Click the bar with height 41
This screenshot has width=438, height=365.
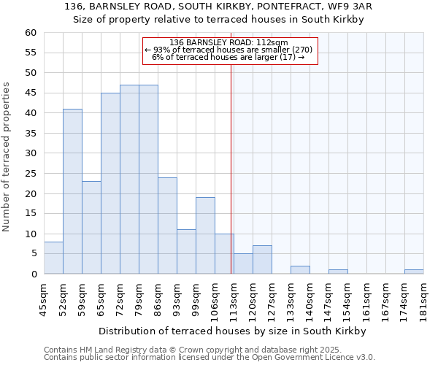72,191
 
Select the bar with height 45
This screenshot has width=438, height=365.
110,183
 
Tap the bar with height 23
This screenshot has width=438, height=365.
91,228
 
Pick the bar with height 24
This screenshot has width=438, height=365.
167,226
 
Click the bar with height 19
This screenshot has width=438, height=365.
205,236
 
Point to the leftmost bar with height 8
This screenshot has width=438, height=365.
53,258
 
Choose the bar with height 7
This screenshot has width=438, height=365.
262,260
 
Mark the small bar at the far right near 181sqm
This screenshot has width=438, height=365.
414,272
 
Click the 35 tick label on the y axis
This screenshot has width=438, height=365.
30,134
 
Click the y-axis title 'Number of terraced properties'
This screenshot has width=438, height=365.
7,157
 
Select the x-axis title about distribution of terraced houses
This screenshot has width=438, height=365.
234,331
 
